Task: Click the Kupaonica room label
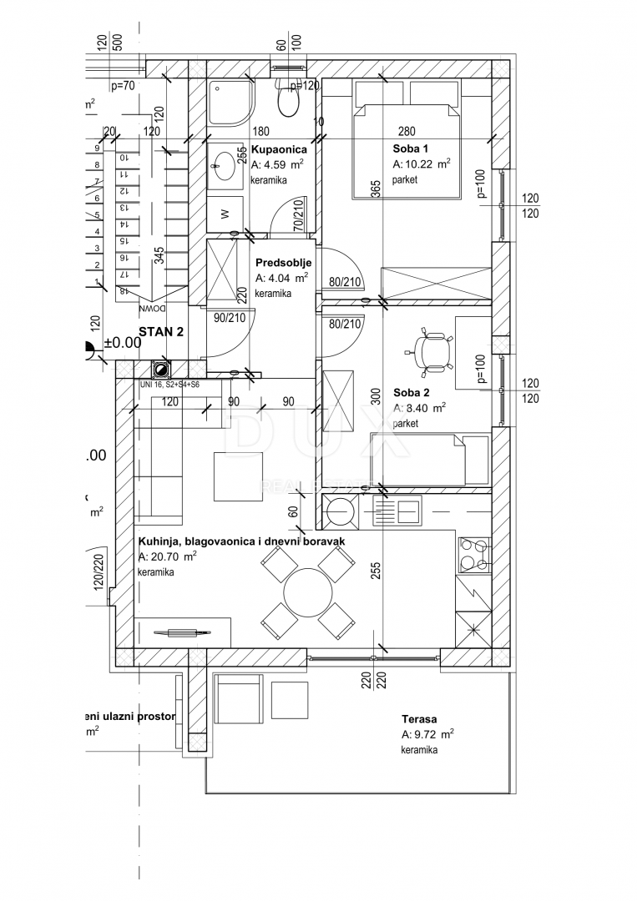(279, 150)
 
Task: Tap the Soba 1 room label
(412, 148)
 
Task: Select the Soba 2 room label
(412, 392)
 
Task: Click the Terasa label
(419, 719)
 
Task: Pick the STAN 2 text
(161, 332)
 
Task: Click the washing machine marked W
(225, 214)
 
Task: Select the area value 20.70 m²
(167, 556)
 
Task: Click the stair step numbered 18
(123, 290)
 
